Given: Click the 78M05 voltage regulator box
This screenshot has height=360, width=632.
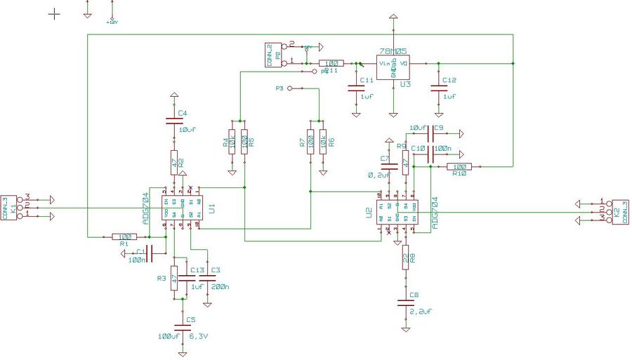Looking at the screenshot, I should click(393, 67).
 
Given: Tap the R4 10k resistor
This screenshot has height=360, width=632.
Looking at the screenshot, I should click(232, 141).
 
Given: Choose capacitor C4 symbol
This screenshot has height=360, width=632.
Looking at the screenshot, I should click(173, 121).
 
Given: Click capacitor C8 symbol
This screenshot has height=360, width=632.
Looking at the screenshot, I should click(405, 303).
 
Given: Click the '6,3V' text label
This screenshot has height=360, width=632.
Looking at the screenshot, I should click(198, 336).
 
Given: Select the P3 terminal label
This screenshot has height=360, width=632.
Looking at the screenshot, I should click(279, 89).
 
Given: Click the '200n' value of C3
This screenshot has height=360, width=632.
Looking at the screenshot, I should click(220, 288).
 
